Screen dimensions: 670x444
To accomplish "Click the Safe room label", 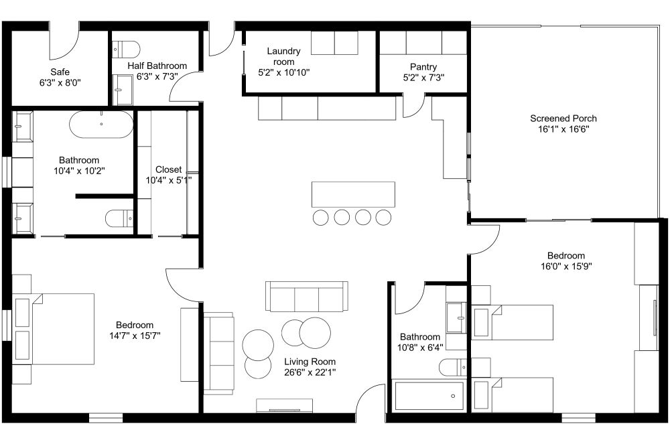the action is pos(60,72).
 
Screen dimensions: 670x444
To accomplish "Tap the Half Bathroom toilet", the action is pos(126,49).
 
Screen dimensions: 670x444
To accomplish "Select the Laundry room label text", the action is pos(283,56).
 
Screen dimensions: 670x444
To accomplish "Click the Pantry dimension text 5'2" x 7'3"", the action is pos(423,77).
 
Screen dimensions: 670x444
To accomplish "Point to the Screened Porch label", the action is pos(563,119).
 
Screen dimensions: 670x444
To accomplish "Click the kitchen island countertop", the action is pos(353,194).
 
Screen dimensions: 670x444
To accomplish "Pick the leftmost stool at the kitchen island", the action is pos(320,217).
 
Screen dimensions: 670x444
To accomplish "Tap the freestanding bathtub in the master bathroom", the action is pos(101,125).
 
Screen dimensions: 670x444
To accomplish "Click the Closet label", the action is pos(168,169).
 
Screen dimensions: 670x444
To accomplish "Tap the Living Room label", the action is pos(310,362).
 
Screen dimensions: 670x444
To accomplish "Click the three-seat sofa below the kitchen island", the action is pos(306,296).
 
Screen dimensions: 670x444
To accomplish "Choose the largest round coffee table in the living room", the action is pos(315,333).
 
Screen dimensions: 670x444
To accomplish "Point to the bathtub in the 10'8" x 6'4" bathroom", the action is pos(429,396).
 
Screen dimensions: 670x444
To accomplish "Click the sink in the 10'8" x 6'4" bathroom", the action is pos(456,317).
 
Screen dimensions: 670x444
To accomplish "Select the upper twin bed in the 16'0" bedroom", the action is pos(513,322).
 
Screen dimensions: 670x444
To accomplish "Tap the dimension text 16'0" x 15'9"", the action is pos(566,267).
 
